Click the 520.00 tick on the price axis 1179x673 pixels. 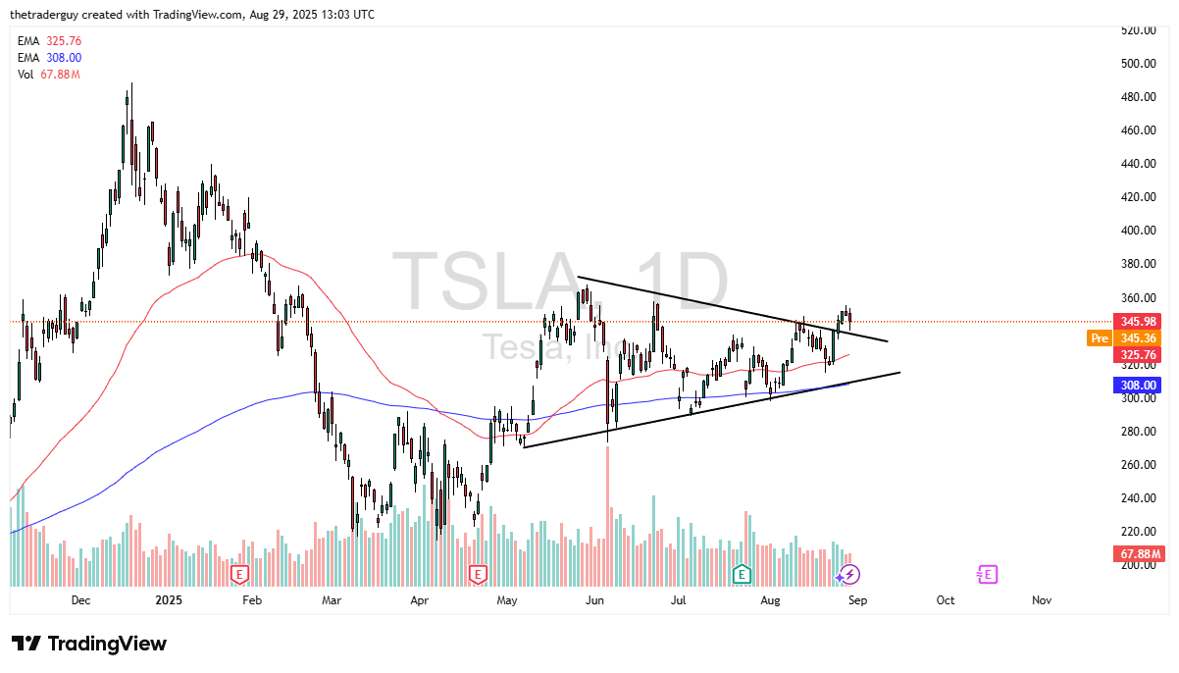click(x=1138, y=30)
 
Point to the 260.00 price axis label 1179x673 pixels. click(x=1138, y=465)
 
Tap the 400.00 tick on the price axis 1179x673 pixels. click(x=1138, y=231)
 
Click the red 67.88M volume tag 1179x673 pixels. click(x=1140, y=554)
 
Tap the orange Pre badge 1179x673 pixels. click(x=1099, y=338)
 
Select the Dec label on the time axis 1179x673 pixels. click(x=80, y=600)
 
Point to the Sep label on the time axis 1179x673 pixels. click(x=854, y=600)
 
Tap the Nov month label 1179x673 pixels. click(x=1042, y=600)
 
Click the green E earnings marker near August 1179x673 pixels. click(x=742, y=574)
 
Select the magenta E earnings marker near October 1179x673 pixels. click(x=987, y=574)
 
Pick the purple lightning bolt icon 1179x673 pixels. click(x=850, y=574)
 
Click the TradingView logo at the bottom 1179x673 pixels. click(x=90, y=644)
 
